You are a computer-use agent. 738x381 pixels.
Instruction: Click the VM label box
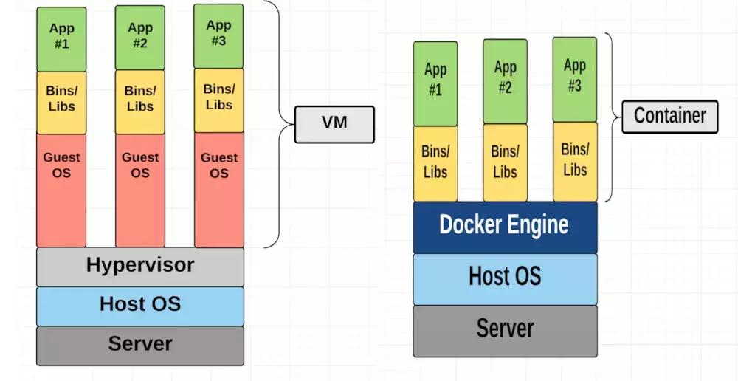pyautogui.click(x=334, y=124)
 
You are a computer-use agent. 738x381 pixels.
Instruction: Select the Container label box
pyautogui.click(x=669, y=117)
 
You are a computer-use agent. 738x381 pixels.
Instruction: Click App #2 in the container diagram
pyautogui.click(x=505, y=80)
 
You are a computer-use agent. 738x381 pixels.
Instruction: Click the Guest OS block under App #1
pyautogui.click(x=61, y=190)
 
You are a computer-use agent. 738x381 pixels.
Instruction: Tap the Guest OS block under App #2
pyautogui.click(x=140, y=190)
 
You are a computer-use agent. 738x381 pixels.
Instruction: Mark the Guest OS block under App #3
pyautogui.click(x=218, y=190)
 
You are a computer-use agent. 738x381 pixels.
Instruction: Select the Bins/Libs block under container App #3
pyautogui.click(x=575, y=161)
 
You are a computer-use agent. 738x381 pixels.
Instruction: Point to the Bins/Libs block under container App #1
pyautogui.click(x=435, y=163)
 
